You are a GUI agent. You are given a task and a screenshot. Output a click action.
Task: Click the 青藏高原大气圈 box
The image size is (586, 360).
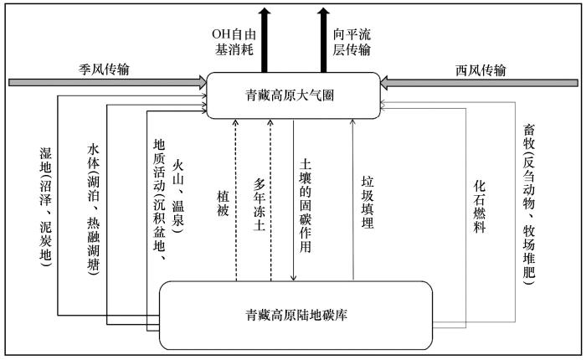[293, 95]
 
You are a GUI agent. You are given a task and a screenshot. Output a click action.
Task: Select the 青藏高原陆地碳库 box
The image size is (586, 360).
[296, 315]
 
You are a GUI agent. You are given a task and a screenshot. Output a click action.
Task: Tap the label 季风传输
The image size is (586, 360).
[104, 69]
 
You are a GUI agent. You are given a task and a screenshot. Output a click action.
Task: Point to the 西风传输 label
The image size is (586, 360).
[481, 70]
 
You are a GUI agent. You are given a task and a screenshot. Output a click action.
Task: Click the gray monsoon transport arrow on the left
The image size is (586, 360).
[108, 82]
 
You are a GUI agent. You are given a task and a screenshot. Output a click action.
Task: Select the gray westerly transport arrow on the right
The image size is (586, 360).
[479, 83]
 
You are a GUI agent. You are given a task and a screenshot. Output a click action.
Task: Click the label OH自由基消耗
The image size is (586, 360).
[234, 42]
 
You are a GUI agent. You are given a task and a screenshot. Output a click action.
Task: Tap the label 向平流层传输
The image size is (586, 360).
[352, 42]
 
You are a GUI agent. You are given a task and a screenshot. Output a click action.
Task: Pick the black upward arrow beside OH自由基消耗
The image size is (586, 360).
[265, 40]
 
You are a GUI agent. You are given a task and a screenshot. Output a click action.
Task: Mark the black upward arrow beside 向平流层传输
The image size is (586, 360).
[324, 40]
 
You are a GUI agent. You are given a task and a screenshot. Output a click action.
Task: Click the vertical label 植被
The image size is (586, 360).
[223, 203]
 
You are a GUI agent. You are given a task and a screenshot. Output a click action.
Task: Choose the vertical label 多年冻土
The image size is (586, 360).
[260, 204]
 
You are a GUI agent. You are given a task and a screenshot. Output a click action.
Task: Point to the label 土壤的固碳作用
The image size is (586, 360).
[306, 206]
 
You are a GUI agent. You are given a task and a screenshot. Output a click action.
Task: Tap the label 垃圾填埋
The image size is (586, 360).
[368, 203]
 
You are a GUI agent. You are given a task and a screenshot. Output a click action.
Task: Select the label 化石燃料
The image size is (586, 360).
[480, 207]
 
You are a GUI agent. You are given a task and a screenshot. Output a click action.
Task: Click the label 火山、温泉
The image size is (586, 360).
[177, 197]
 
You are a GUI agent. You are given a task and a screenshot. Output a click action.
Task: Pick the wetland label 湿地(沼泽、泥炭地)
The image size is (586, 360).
[45, 207]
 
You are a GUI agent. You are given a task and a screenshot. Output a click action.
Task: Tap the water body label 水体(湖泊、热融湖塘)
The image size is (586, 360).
[94, 209]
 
